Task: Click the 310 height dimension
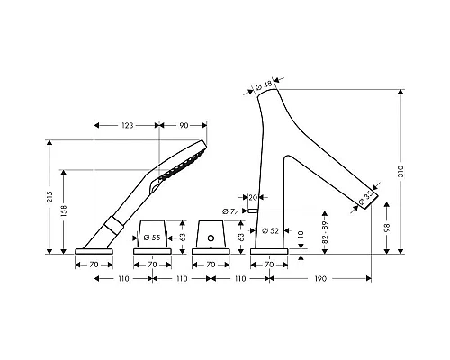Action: click(x=401, y=171)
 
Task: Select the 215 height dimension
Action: click(x=49, y=196)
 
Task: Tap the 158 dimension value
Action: click(x=64, y=211)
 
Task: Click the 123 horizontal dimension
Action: click(x=128, y=125)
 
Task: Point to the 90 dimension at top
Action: click(x=184, y=125)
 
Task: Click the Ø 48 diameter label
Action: click(x=264, y=85)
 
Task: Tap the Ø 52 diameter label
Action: click(x=270, y=230)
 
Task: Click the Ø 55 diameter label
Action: click(x=152, y=238)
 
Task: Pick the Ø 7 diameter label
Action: click(x=229, y=211)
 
